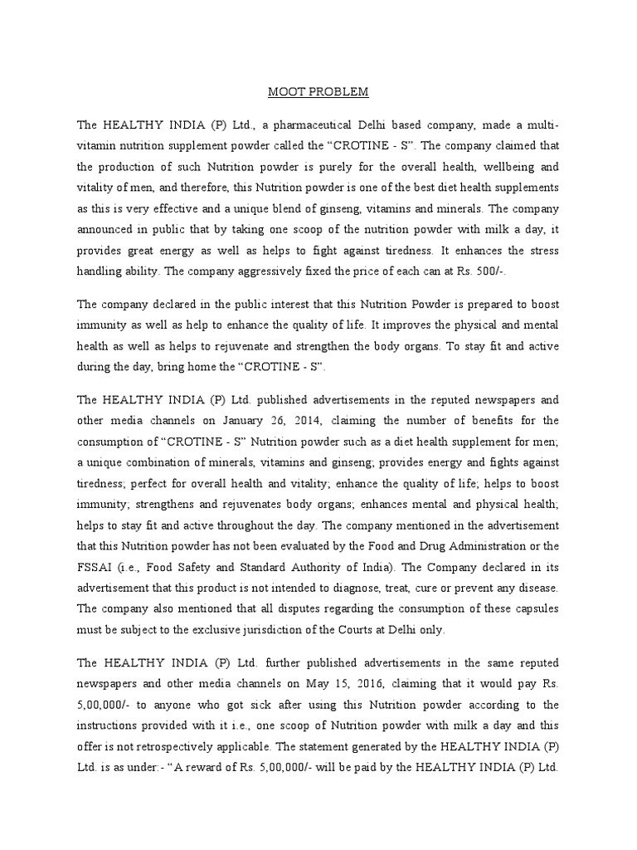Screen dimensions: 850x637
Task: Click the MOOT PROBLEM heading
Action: tap(318, 90)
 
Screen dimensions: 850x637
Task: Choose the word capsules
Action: tap(534, 609)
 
